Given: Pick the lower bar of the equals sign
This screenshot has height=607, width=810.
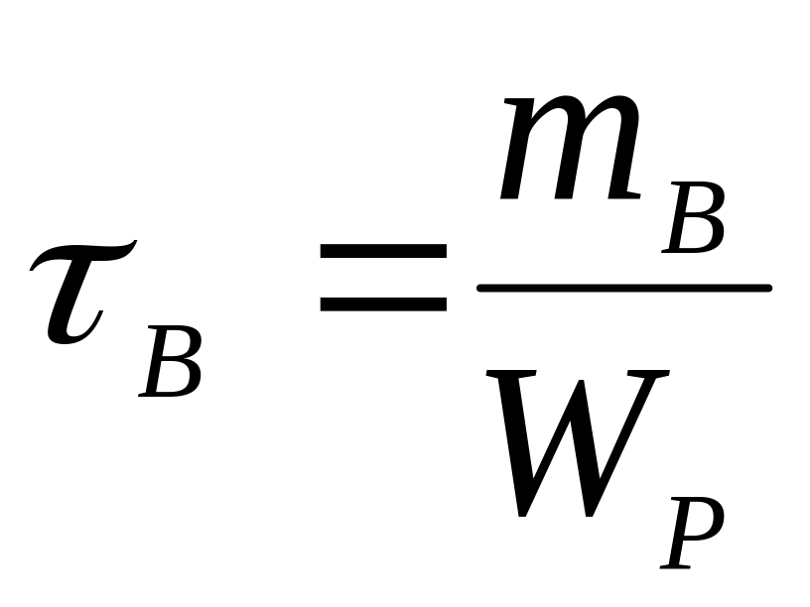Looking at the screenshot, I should click(x=383, y=303).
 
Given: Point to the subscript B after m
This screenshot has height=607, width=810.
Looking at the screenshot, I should click(x=695, y=220).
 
